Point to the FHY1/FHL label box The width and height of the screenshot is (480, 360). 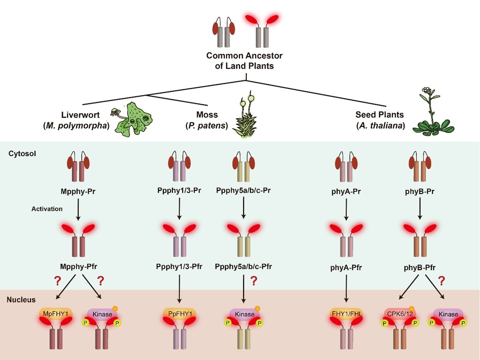point(346,313)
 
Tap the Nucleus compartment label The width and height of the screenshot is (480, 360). point(21,300)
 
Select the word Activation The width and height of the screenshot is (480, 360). point(47,209)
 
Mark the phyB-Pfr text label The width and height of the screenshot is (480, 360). point(419,268)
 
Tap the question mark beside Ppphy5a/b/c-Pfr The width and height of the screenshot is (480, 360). point(254,281)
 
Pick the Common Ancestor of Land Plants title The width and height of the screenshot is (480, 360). point(245,60)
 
